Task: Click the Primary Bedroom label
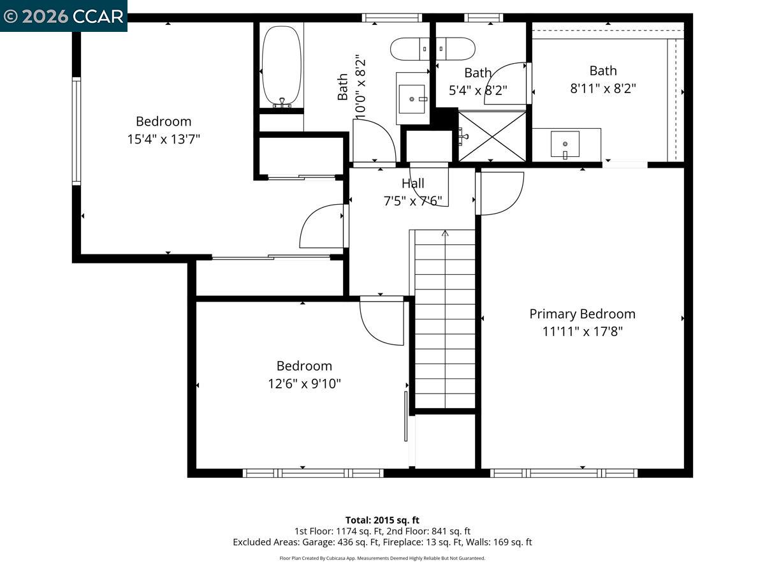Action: pos(582,314)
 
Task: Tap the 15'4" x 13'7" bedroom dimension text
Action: pos(164,139)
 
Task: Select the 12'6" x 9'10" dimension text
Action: pos(304,384)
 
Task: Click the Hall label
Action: pos(412,184)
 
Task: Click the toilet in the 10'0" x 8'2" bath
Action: pos(432,48)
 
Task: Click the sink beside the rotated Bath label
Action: pos(412,99)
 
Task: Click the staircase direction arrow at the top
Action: pos(445,234)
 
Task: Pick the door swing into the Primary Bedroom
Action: pos(501,193)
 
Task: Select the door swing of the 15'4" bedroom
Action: pos(323,226)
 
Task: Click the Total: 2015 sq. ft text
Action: pos(382,520)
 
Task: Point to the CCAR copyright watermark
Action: pos(64,16)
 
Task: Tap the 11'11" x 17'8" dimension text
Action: pos(582,332)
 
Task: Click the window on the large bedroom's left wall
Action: pos(76,131)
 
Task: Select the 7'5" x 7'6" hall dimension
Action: pos(412,202)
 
